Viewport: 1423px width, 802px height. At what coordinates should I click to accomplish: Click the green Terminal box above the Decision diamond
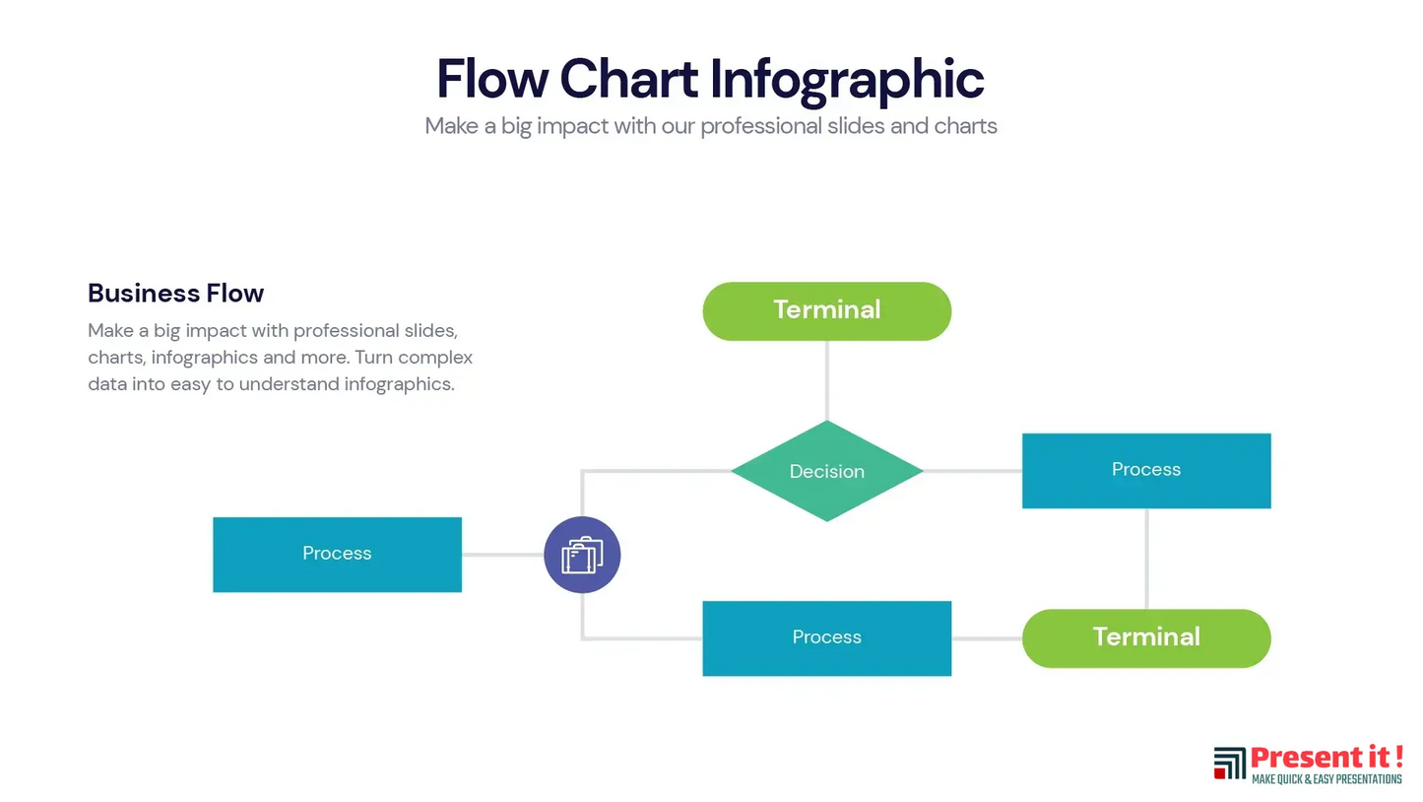(x=826, y=311)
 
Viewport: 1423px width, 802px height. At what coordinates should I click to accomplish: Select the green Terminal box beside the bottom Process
(x=1146, y=638)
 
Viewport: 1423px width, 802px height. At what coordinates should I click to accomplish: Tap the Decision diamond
(x=826, y=471)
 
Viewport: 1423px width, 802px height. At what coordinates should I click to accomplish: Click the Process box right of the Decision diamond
(x=1146, y=471)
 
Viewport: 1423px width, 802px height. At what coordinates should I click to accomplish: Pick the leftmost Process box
(x=338, y=555)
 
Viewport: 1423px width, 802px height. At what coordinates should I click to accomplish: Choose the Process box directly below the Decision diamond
(x=826, y=638)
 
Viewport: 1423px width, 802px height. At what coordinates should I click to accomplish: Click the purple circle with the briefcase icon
(x=582, y=555)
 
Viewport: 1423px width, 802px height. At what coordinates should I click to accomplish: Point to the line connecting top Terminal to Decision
(x=826, y=380)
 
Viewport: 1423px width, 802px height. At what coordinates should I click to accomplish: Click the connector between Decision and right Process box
(x=973, y=471)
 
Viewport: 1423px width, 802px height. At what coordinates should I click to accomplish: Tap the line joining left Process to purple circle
(x=502, y=555)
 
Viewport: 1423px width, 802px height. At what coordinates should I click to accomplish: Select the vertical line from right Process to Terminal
(x=1146, y=559)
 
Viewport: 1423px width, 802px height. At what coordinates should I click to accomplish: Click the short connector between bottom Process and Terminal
(x=987, y=638)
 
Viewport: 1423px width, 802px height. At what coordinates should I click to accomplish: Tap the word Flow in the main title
(x=492, y=79)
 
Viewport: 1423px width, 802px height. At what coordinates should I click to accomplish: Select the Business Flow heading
(x=176, y=293)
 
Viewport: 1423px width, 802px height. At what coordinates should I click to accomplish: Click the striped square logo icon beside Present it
(x=1229, y=763)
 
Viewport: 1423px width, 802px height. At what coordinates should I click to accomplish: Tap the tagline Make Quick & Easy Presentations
(x=1326, y=779)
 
